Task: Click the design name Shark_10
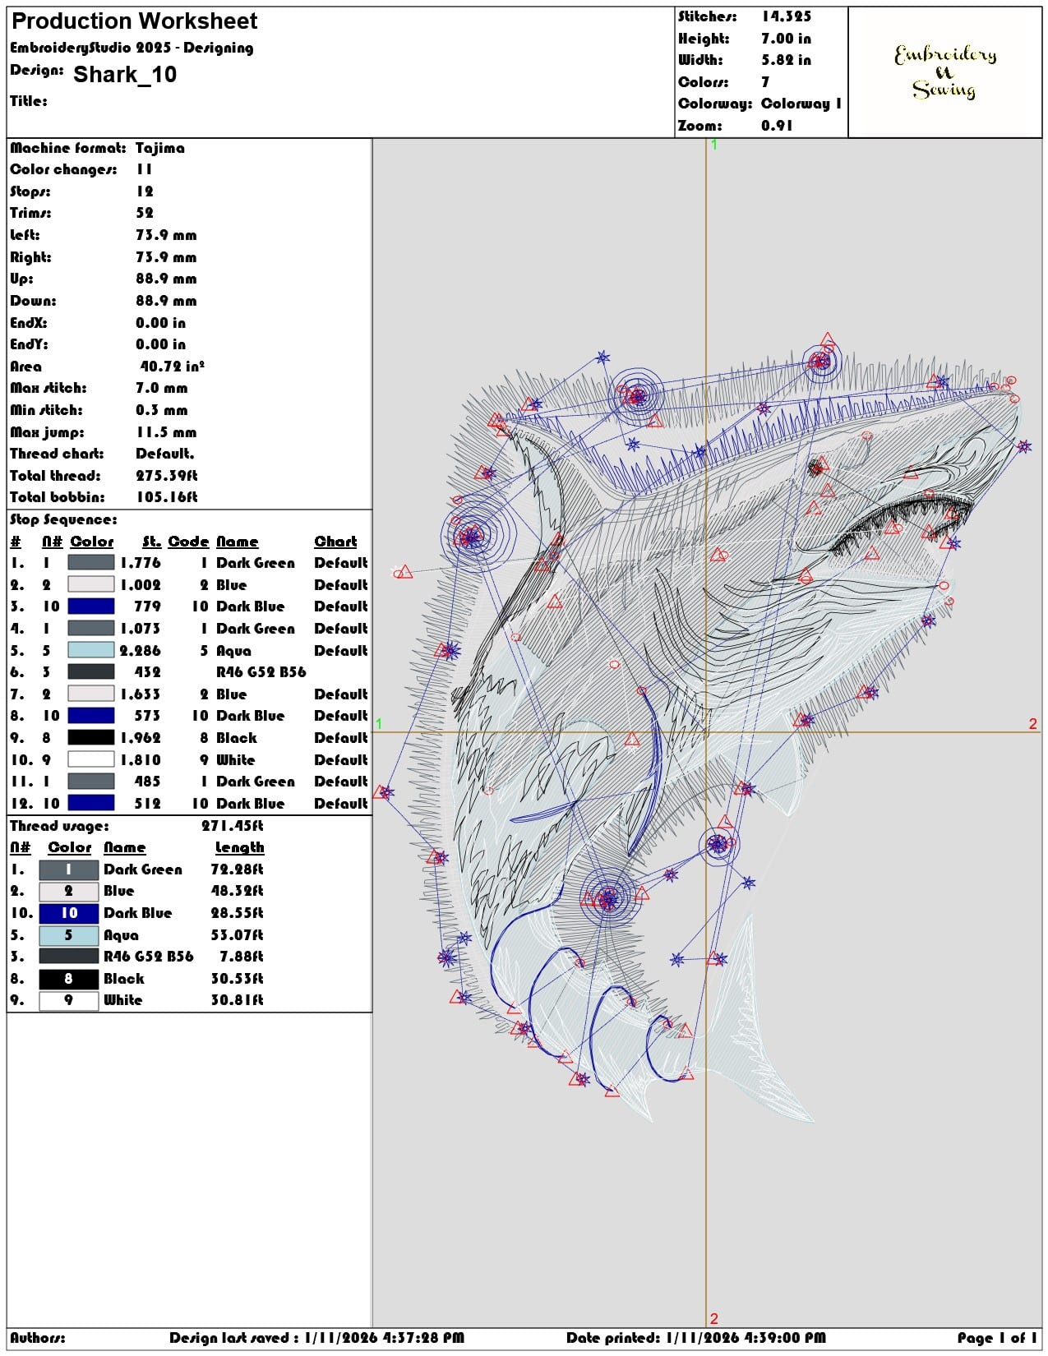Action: (x=125, y=74)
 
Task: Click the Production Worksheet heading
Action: (x=134, y=21)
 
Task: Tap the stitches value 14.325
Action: (x=786, y=17)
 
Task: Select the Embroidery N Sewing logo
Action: (x=944, y=71)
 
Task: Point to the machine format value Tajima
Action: (x=159, y=148)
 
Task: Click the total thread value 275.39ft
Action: (x=167, y=476)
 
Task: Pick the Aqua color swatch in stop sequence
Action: (x=91, y=650)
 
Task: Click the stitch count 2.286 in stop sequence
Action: (x=141, y=650)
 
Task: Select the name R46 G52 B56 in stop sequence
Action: (x=261, y=672)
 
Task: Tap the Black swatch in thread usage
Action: (x=69, y=979)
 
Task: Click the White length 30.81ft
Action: (x=237, y=999)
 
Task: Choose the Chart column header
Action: (x=336, y=542)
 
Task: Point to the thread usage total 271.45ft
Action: (x=232, y=826)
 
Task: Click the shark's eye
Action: (x=815, y=467)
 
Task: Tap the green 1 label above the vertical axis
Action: (x=714, y=145)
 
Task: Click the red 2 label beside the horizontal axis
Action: (x=1033, y=723)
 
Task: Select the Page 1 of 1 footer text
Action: (x=997, y=1337)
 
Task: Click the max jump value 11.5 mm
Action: (x=166, y=431)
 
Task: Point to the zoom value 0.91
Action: (x=777, y=126)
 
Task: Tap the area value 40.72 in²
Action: (x=173, y=366)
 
